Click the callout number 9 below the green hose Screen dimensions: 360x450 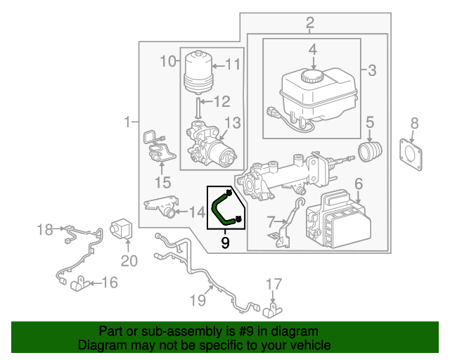(x=225, y=243)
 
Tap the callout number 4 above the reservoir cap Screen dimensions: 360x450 (x=312, y=51)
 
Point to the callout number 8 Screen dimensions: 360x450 (x=414, y=124)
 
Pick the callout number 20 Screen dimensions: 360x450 (x=127, y=261)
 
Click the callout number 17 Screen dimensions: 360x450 (x=274, y=285)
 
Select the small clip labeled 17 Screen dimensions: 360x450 (x=275, y=308)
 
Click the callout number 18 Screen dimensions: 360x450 (x=45, y=229)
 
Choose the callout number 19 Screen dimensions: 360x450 (x=198, y=300)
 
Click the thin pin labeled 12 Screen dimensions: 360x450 (x=199, y=108)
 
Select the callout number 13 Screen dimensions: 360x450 (x=232, y=123)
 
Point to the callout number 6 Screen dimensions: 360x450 (x=358, y=184)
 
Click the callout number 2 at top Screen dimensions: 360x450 (x=310, y=26)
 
